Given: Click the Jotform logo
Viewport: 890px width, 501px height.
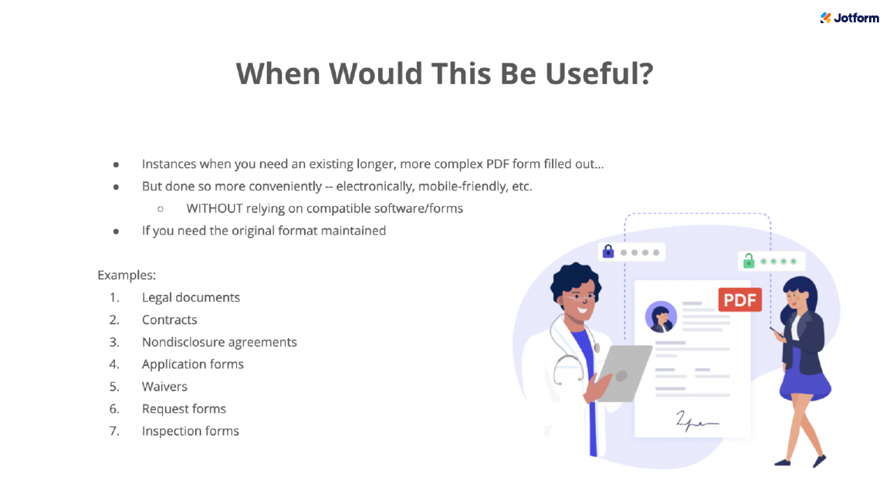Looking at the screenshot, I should [849, 18].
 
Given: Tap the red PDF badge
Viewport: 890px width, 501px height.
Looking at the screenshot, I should [739, 300].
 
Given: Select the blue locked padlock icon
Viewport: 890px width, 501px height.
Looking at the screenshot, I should [607, 252].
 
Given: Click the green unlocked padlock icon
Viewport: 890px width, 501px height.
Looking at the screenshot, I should [748, 261].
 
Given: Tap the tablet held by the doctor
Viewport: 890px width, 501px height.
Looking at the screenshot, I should [623, 372].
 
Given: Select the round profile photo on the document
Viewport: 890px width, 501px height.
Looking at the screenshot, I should [661, 317].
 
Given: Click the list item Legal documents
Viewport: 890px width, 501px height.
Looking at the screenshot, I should [191, 297].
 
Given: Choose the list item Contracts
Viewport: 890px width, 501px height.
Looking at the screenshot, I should [169, 320].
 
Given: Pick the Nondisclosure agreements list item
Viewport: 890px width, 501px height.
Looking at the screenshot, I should [219, 342].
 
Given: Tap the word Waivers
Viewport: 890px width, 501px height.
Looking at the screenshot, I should [164, 387].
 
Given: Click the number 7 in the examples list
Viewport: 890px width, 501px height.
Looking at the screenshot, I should [113, 432].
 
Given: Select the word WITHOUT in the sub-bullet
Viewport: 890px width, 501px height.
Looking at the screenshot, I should [215, 208].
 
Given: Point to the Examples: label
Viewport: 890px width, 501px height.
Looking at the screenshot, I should [127, 275].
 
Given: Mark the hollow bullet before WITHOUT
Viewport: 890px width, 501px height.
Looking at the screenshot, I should [161, 208].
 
